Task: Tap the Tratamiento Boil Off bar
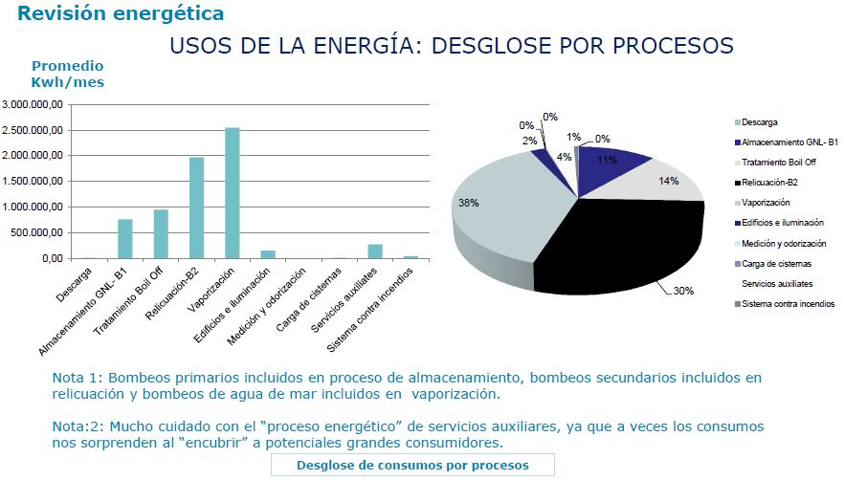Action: [x=161, y=233]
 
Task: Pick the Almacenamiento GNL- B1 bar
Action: [x=125, y=238]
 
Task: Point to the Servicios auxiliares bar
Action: [x=375, y=251]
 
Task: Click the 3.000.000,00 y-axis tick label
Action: [x=33, y=104]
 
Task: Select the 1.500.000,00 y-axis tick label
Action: [x=33, y=181]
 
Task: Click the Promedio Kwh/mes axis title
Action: [x=67, y=74]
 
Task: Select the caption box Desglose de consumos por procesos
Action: [x=412, y=465]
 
